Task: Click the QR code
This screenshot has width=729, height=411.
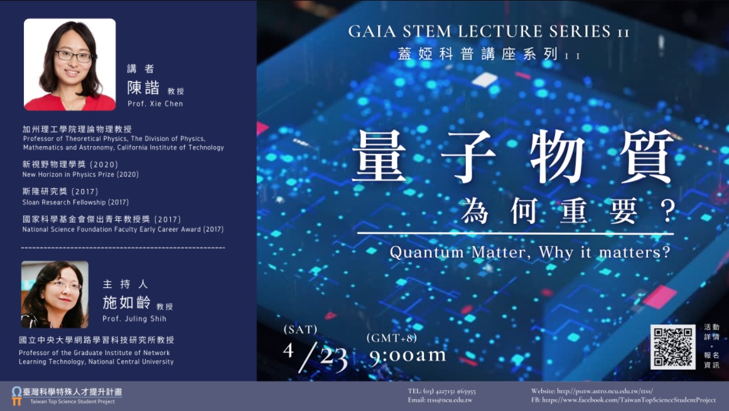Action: pyautogui.click(x=672, y=347)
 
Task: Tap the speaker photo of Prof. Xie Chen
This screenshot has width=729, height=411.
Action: pyautogui.click(x=70, y=65)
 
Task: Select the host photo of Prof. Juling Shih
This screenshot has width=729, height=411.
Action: pyautogui.click(x=55, y=294)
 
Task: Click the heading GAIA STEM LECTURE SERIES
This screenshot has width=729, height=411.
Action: pyautogui.click(x=489, y=31)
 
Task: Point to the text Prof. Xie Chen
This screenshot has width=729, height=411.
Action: pyautogui.click(x=155, y=104)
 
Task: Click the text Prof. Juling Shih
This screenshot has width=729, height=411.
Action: pyautogui.click(x=134, y=319)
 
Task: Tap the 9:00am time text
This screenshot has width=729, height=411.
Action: pyautogui.click(x=408, y=355)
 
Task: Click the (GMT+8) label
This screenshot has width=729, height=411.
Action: pyautogui.click(x=391, y=338)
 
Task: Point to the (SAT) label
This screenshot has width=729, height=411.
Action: pyautogui.click(x=300, y=329)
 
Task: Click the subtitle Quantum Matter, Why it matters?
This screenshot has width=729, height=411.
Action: pyautogui.click(x=530, y=252)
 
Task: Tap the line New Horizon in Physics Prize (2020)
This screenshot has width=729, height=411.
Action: pyautogui.click(x=80, y=174)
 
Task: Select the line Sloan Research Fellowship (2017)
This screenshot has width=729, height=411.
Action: pyautogui.click(x=75, y=202)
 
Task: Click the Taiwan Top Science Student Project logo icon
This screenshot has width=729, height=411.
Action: pyautogui.click(x=17, y=396)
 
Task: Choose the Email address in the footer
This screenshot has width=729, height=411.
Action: pyautogui.click(x=440, y=400)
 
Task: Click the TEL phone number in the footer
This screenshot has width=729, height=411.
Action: pyautogui.click(x=441, y=391)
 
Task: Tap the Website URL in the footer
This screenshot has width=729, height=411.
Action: pyautogui.click(x=592, y=391)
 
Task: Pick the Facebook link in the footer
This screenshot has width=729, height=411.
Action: pyautogui.click(x=624, y=400)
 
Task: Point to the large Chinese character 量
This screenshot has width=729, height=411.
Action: pyautogui.click(x=379, y=156)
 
